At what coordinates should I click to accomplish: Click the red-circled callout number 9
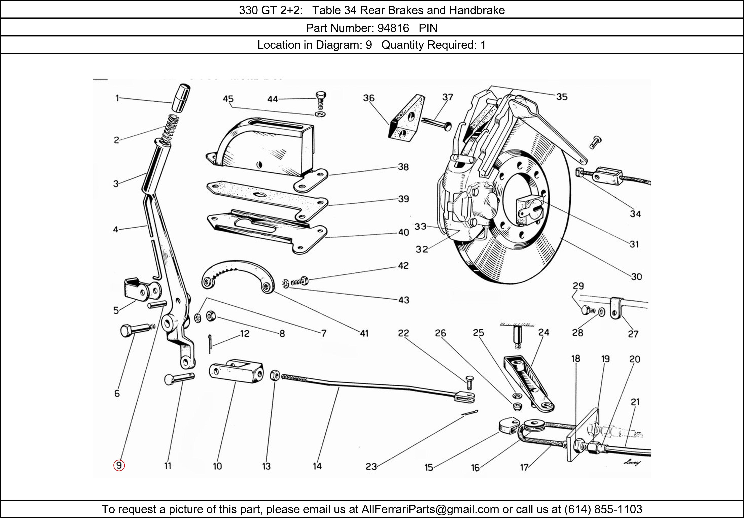(x=119, y=466)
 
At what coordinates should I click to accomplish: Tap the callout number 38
(x=403, y=167)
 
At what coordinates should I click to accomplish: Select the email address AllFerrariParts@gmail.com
(x=430, y=509)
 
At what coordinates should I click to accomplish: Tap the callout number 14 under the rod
(x=317, y=466)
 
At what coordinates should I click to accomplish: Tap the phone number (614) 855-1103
(x=603, y=509)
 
